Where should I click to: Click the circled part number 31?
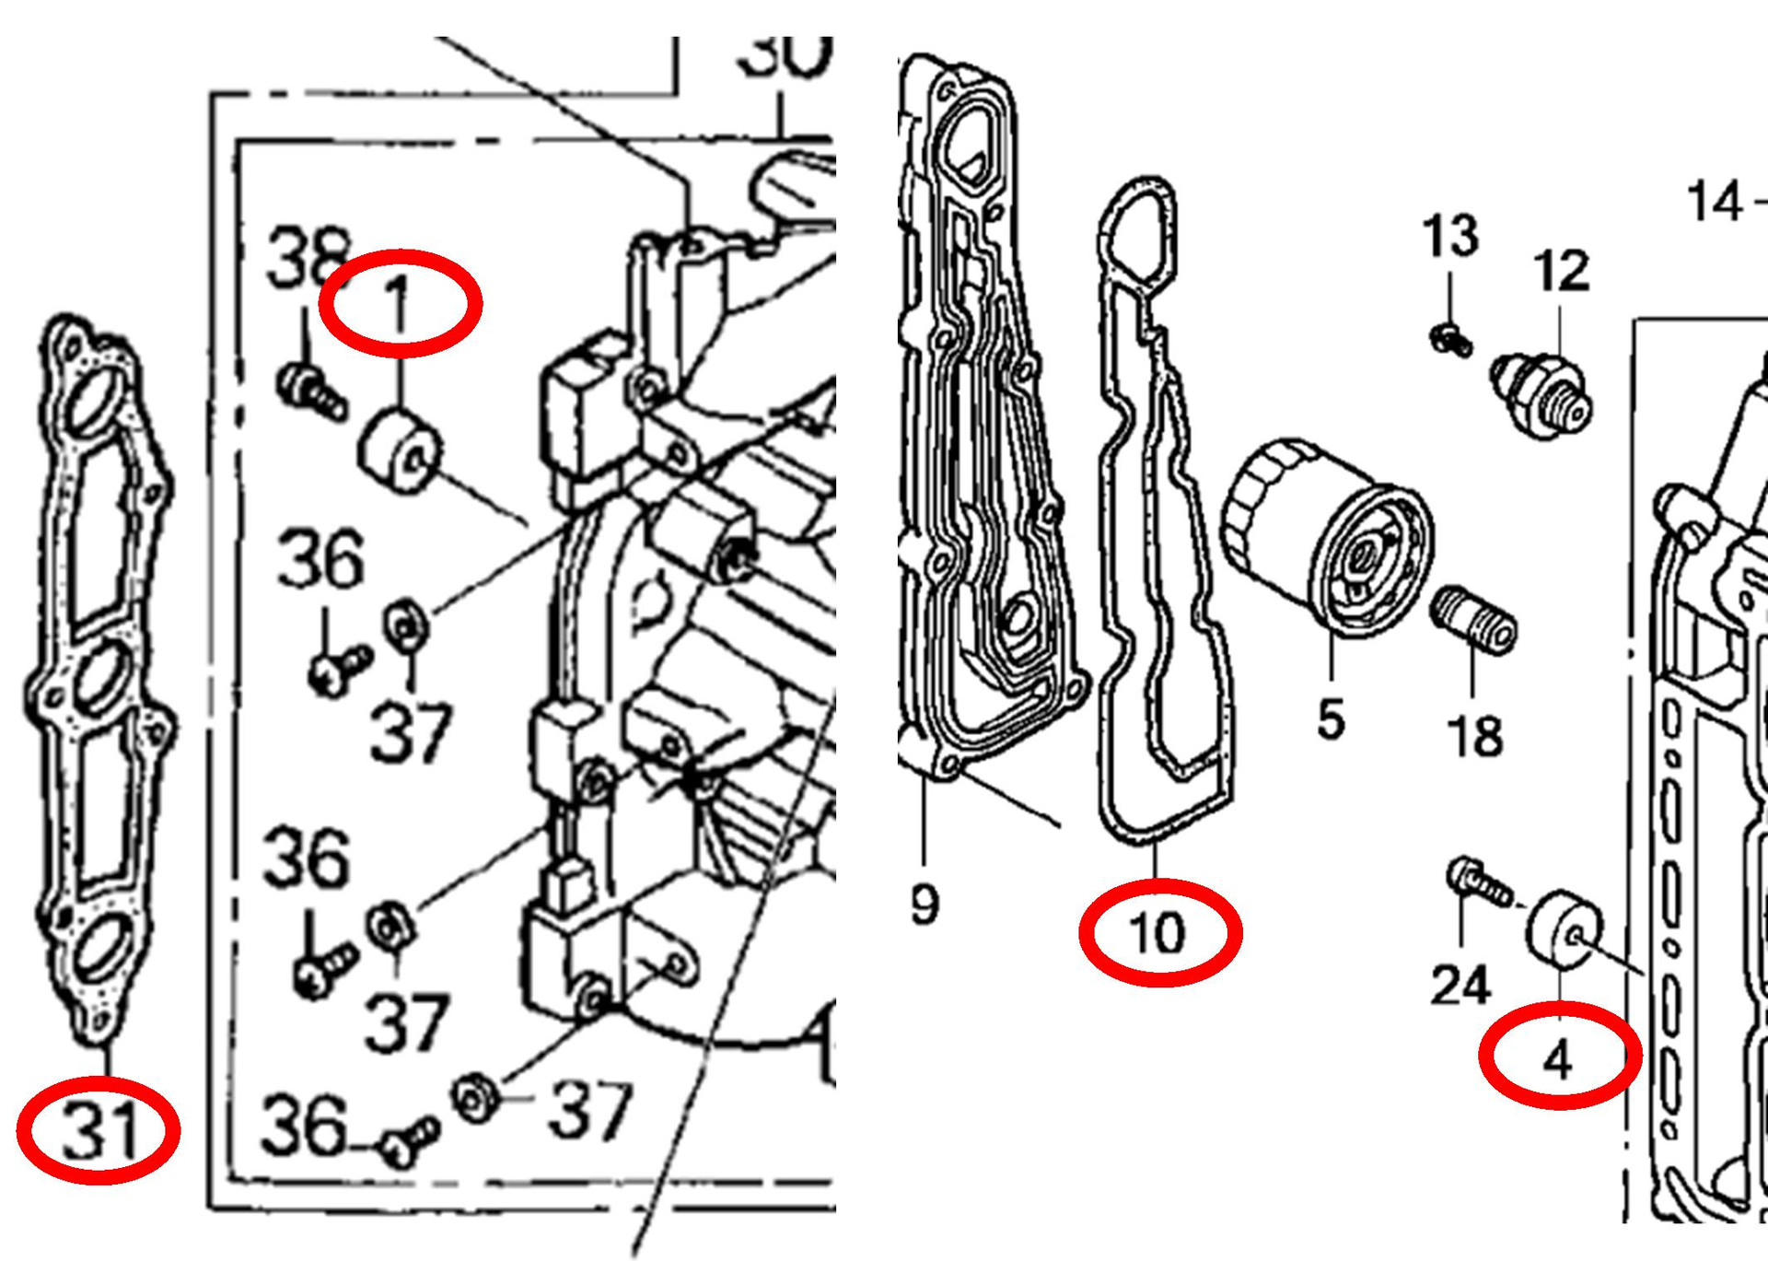[99, 1130]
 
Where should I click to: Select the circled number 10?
[1159, 933]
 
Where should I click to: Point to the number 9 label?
[925, 905]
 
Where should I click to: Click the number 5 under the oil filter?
[1331, 719]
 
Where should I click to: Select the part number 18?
[1474, 737]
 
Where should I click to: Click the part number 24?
[1460, 986]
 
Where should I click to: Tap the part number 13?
[1450, 236]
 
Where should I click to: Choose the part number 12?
[1561, 271]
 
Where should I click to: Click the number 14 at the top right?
[1715, 202]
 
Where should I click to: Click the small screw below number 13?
[1450, 340]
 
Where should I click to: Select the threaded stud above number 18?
[1473, 619]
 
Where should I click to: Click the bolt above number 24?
[1479, 881]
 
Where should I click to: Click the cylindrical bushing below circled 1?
[400, 451]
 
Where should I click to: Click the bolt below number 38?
[311, 391]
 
